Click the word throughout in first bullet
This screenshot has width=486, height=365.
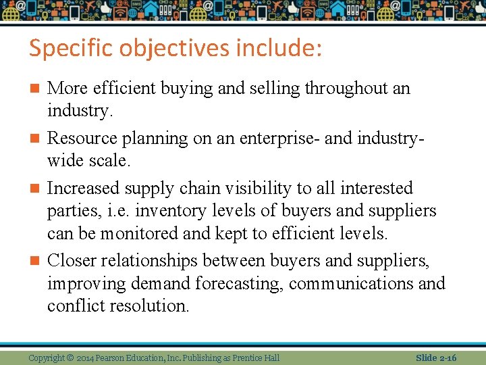(344, 89)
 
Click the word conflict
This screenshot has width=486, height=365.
(74, 306)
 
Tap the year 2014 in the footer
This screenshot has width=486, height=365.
(86, 358)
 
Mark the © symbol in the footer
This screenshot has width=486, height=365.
(70, 358)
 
